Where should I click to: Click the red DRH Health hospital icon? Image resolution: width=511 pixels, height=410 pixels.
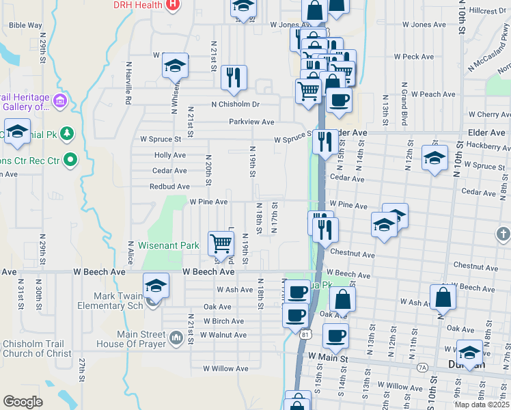point(173,5)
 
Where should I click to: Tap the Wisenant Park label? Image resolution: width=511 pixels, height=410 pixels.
point(168,245)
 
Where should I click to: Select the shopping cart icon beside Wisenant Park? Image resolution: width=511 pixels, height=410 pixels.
point(221,243)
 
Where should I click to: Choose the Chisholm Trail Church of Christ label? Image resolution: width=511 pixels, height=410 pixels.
point(37,348)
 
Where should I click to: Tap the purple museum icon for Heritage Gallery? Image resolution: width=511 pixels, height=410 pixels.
point(60,102)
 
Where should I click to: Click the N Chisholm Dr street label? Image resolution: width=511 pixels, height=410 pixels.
point(236,105)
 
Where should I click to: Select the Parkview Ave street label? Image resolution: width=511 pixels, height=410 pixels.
point(251,122)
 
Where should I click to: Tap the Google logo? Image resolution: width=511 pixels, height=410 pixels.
point(23,401)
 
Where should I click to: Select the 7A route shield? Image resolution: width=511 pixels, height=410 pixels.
point(422,367)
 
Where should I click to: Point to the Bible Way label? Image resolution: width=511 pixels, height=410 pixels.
point(26,25)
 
